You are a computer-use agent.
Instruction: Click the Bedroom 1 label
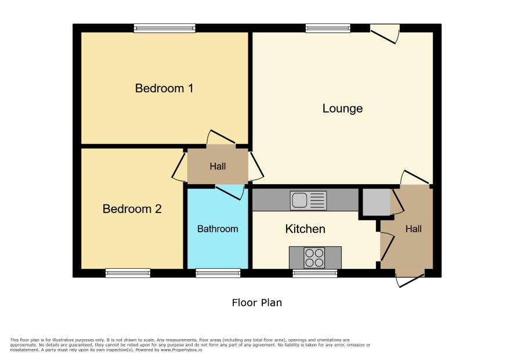click(x=164, y=88)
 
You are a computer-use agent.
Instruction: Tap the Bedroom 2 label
click(x=132, y=208)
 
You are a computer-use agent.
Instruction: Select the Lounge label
click(x=342, y=109)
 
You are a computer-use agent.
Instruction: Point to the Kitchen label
click(x=305, y=229)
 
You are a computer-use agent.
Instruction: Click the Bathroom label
click(x=218, y=229)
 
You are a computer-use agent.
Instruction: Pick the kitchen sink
click(x=308, y=200)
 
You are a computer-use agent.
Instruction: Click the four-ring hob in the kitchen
click(x=314, y=258)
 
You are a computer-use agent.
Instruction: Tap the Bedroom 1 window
click(x=165, y=28)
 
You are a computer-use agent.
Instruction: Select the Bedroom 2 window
click(x=128, y=273)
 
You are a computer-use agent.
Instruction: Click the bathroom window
click(x=218, y=273)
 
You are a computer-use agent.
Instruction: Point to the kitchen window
click(x=314, y=273)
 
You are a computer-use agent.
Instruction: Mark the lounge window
click(x=328, y=28)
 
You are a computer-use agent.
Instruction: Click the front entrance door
click(x=410, y=280)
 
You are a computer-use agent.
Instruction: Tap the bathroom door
click(x=230, y=192)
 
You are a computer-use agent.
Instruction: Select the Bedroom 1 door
click(x=221, y=137)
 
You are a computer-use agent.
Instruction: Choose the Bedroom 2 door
click(x=179, y=167)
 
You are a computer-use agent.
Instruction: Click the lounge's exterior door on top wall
click(x=385, y=34)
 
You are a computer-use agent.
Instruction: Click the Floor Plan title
click(x=257, y=303)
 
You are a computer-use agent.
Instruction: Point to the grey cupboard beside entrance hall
click(x=377, y=202)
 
